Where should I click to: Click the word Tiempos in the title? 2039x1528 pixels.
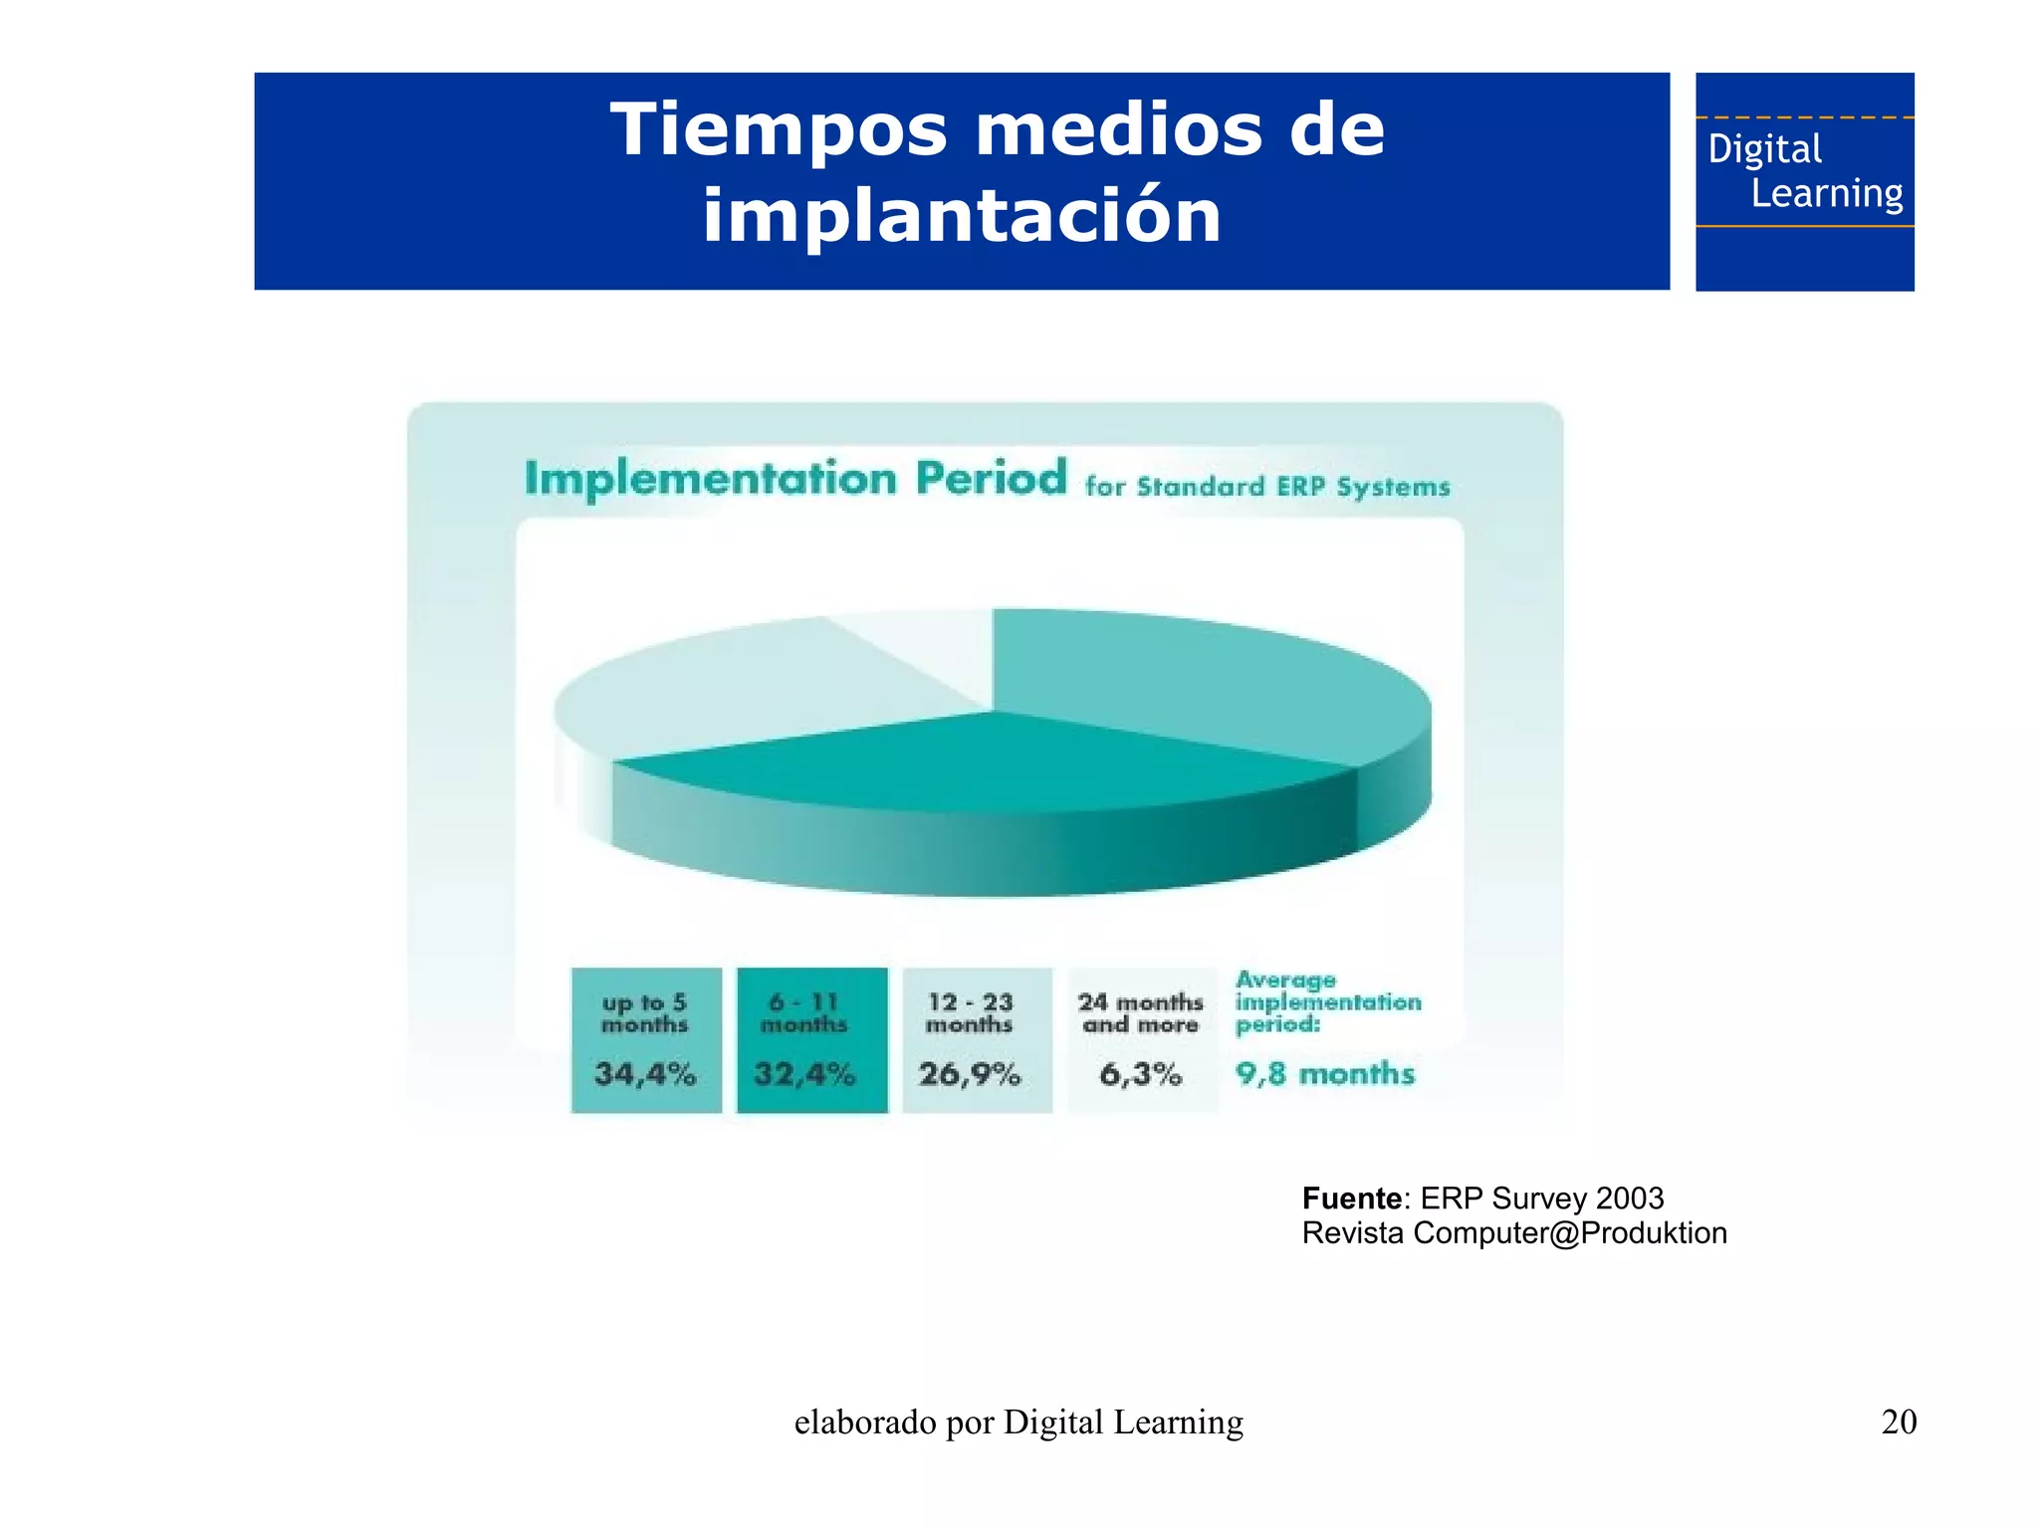tap(778, 130)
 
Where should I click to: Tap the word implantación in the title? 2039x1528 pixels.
tap(961, 216)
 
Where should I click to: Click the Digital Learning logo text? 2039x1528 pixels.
tap(1804, 171)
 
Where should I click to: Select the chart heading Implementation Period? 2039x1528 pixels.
tap(795, 479)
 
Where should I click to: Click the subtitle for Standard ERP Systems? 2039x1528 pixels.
tap(1266, 487)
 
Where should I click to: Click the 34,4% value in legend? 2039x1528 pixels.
tap(645, 1074)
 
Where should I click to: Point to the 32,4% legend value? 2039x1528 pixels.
tap(804, 1074)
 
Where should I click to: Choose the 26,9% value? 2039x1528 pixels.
tap(970, 1074)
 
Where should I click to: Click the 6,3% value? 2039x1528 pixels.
tap(1141, 1074)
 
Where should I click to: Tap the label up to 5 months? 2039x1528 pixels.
tap(645, 1013)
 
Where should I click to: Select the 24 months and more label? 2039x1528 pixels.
tap(1141, 1013)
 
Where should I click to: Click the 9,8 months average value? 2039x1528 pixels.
tap(1325, 1074)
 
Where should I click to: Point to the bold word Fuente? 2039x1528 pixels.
tap(1351, 1198)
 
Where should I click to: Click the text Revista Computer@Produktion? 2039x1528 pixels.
tap(1514, 1233)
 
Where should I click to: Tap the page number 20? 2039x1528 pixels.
tap(1899, 1421)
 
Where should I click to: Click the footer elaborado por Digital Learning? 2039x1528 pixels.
tap(1019, 1422)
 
